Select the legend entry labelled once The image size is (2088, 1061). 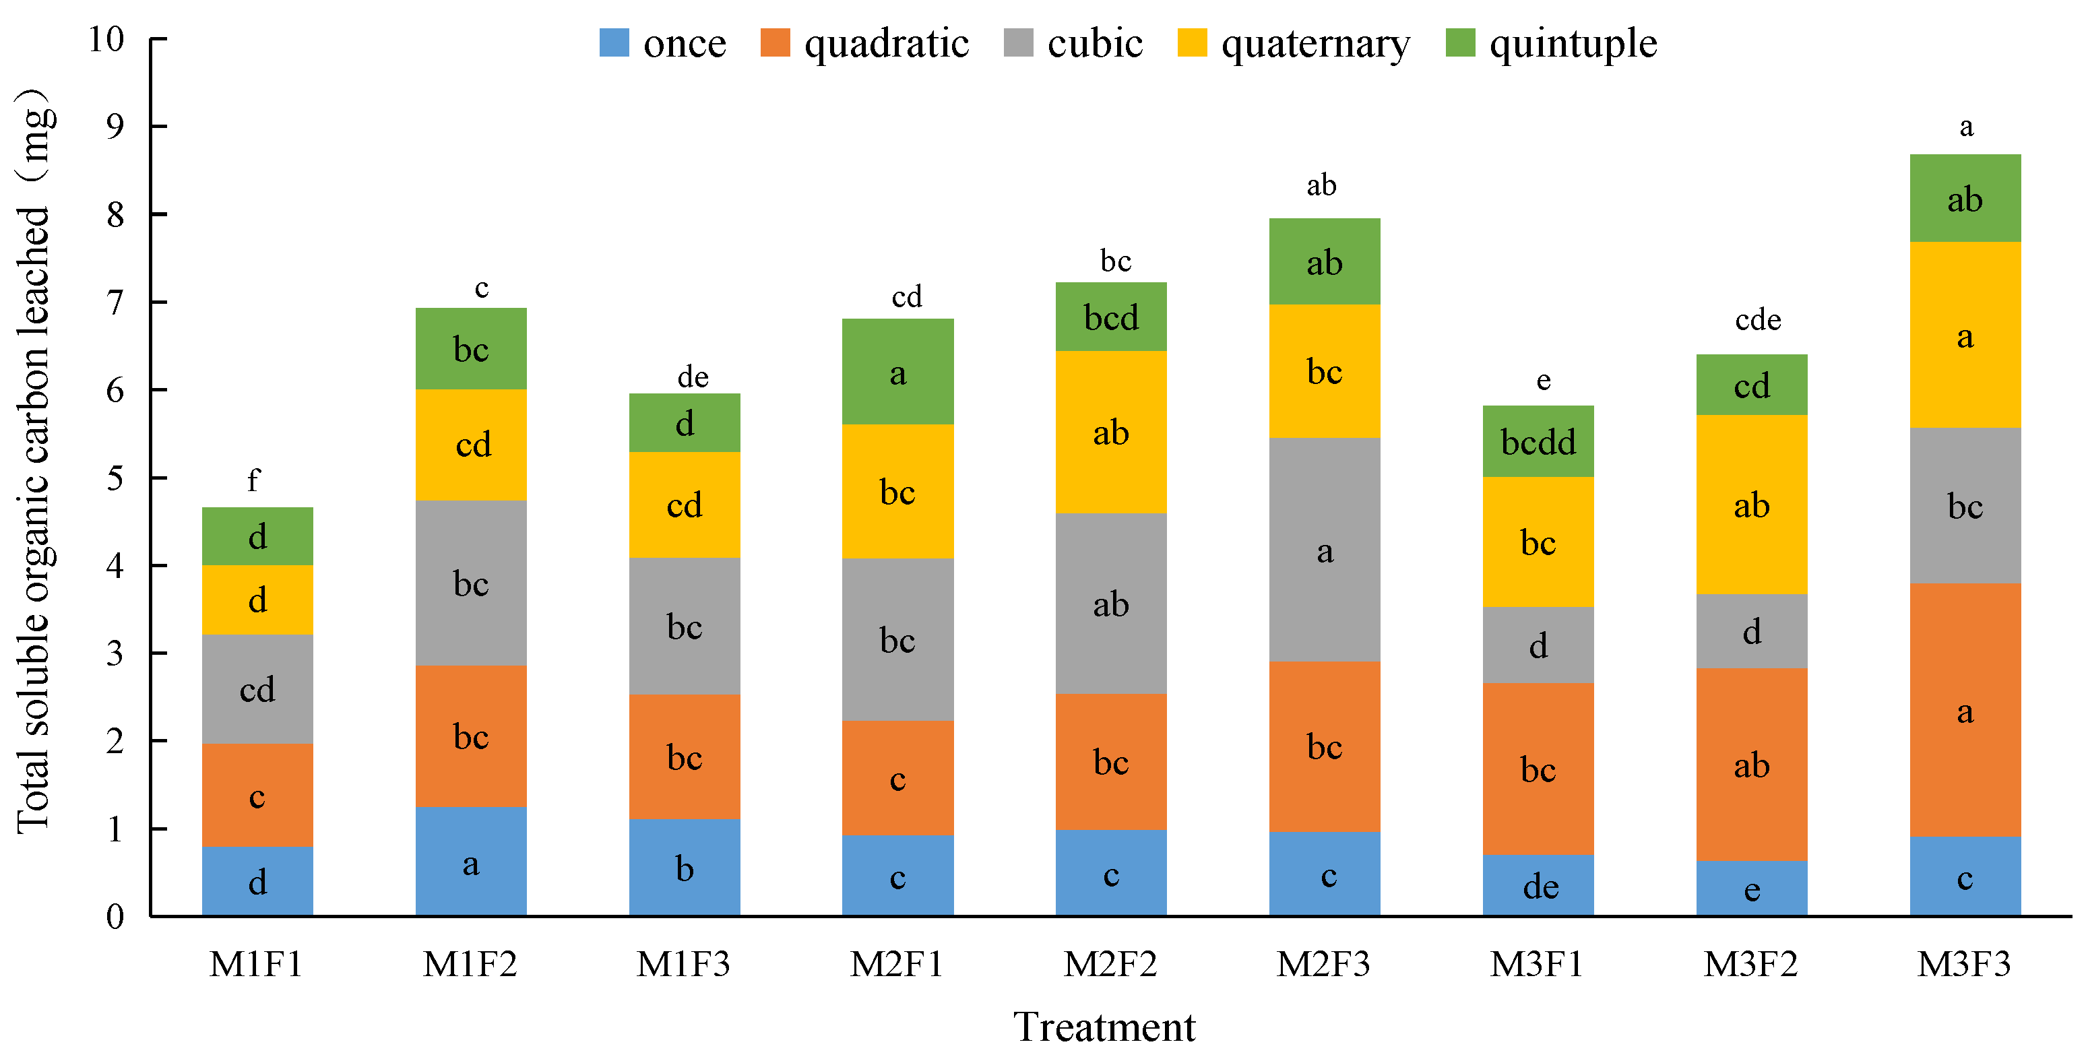(x=662, y=43)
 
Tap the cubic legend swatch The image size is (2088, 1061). (x=1018, y=43)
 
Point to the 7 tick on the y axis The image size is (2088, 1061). (x=115, y=302)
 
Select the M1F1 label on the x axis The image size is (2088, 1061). (x=256, y=964)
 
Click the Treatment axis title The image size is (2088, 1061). (x=1104, y=1027)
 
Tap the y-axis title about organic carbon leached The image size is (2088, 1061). (x=34, y=462)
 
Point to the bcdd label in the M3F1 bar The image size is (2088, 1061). (x=1538, y=443)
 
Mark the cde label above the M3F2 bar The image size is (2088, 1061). (x=1757, y=319)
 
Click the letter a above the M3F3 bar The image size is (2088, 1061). (x=1965, y=127)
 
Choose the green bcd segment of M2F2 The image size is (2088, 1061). (x=1110, y=317)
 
